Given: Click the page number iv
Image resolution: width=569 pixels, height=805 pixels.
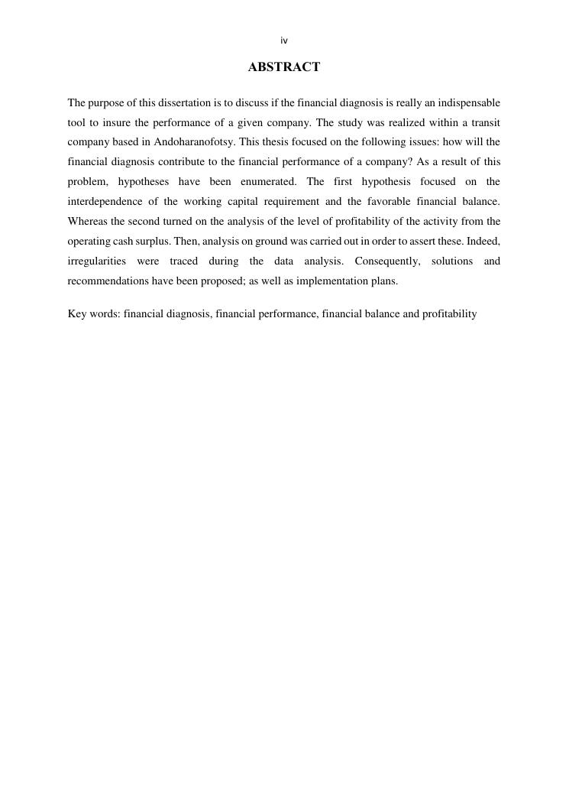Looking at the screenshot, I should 284,41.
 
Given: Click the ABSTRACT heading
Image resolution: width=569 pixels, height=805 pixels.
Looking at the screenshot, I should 284,67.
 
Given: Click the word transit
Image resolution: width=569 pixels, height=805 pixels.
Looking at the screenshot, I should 485,122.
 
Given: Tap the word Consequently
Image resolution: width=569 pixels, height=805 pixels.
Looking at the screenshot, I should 387,261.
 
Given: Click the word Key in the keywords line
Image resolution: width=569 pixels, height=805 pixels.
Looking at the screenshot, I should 78,314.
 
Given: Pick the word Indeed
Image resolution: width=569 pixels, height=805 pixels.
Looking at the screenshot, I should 483,242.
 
